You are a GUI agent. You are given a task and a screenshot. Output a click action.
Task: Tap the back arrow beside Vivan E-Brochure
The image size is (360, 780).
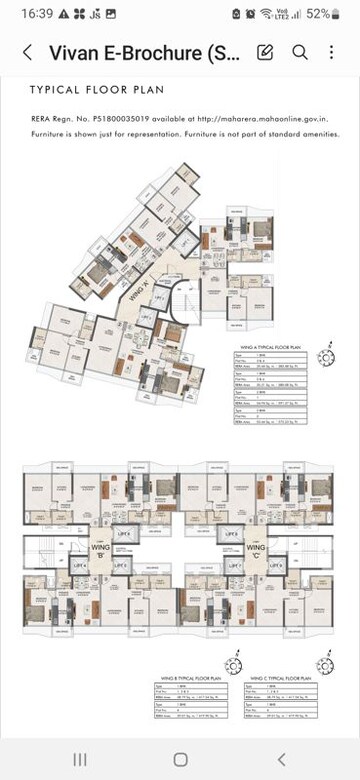click(x=26, y=53)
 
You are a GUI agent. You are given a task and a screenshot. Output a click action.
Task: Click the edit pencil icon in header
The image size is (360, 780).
click(x=266, y=53)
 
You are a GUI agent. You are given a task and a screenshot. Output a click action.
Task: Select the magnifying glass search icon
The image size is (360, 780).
click(x=299, y=53)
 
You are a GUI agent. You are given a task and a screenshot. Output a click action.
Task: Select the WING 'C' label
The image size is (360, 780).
click(x=254, y=549)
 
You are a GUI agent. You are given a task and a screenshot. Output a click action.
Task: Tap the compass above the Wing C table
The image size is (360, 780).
click(x=322, y=665)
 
